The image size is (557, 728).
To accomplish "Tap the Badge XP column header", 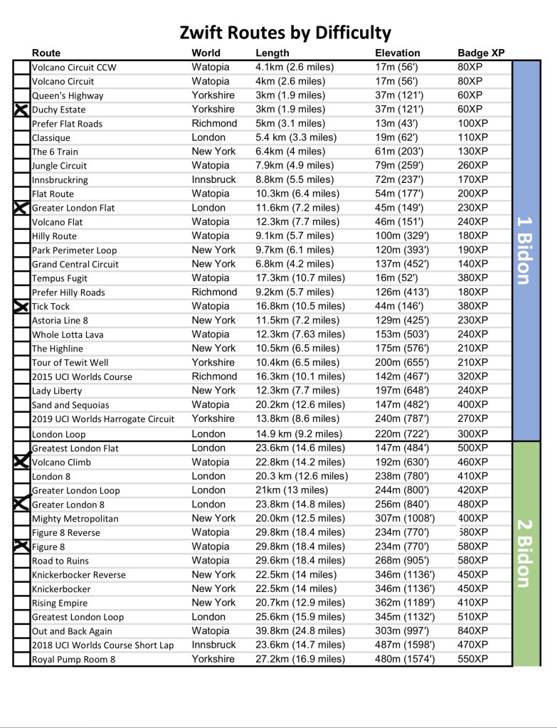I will coord(481,53).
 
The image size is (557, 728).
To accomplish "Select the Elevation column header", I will coord(397,53).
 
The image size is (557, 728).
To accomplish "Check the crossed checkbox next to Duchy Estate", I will coord(21,110).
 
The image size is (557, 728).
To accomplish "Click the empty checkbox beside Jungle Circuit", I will coord(21,166).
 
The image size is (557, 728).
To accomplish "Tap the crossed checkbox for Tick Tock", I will coord(21,307).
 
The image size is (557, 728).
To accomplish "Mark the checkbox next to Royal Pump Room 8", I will coord(21,659).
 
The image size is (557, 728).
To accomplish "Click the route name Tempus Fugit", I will coord(60,278).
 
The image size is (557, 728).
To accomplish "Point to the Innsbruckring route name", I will coord(63,180).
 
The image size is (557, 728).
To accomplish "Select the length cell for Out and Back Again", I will coord(299,631).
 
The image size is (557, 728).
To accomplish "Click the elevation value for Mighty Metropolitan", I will coord(405,518).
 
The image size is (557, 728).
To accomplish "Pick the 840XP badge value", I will coord(473,631).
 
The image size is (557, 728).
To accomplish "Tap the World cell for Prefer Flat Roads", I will coord(214,123).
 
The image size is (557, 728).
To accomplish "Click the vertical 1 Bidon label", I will coord(525,250).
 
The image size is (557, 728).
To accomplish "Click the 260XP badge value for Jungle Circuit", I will coord(473,166).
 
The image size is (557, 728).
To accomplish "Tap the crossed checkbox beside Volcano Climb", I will coord(21,462).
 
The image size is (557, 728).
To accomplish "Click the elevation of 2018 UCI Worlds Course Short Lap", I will coord(405,645).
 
